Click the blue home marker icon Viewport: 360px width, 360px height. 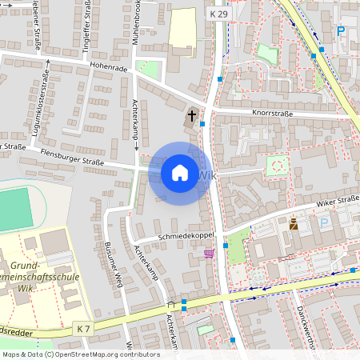pos(180,173)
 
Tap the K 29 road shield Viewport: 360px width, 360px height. pos(218,14)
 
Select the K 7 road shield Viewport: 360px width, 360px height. pos(83,328)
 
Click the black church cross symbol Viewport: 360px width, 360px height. pos(192,117)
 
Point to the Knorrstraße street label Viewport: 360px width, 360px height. pos(271,114)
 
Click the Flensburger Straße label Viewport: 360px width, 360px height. pos(72,162)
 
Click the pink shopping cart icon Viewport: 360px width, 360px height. pos(209,254)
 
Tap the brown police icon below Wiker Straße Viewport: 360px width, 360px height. pos(294,225)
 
